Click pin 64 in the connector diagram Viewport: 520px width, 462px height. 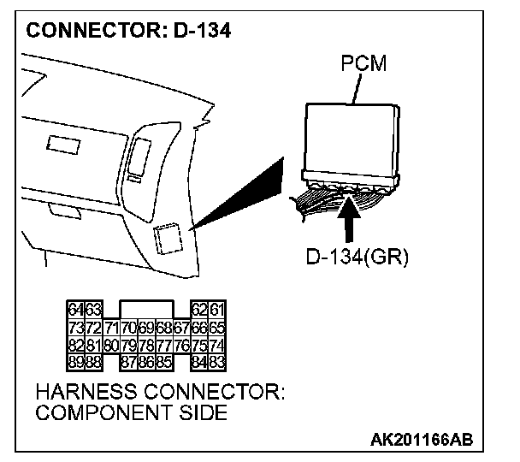(x=74, y=310)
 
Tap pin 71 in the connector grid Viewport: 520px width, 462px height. (x=110, y=328)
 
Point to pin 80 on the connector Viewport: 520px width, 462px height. (x=110, y=346)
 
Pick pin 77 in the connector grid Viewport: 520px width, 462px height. (x=164, y=346)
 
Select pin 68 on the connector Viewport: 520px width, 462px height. (x=164, y=328)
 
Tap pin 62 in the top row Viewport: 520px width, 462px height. (x=200, y=310)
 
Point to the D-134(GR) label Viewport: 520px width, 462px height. (x=357, y=257)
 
